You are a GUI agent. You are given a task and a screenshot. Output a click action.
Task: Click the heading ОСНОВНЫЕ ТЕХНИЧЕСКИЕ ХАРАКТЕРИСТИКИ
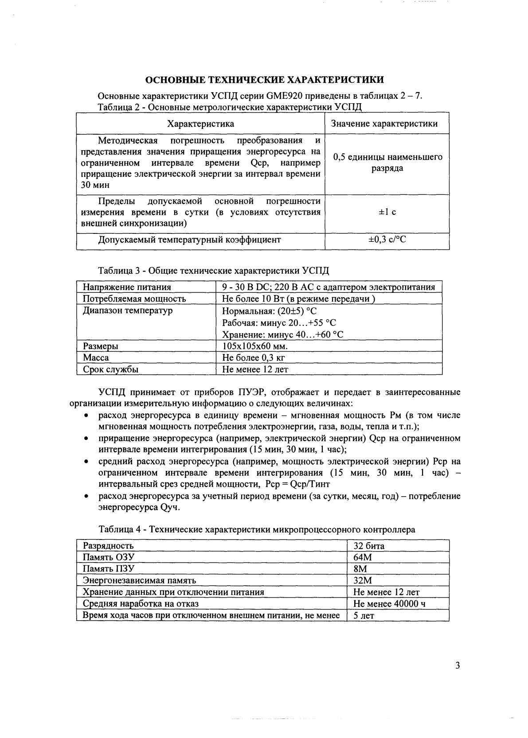[265, 80]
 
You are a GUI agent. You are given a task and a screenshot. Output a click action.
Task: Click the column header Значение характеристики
[384, 124]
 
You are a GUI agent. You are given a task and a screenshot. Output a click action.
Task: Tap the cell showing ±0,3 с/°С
[387, 240]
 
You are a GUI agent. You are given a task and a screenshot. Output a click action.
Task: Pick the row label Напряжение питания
[127, 287]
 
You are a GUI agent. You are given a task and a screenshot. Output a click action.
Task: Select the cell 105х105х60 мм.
[254, 346]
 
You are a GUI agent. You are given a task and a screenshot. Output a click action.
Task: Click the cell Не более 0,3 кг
[253, 357]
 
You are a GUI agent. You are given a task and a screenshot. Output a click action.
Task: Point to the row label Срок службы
[110, 369]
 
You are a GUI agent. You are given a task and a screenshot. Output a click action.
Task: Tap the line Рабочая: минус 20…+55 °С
[279, 322]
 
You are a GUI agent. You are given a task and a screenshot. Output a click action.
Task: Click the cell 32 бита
[369, 546]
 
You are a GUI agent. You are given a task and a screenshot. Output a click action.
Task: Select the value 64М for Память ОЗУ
[362, 557]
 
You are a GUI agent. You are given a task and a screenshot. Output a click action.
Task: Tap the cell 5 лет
[364, 615]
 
